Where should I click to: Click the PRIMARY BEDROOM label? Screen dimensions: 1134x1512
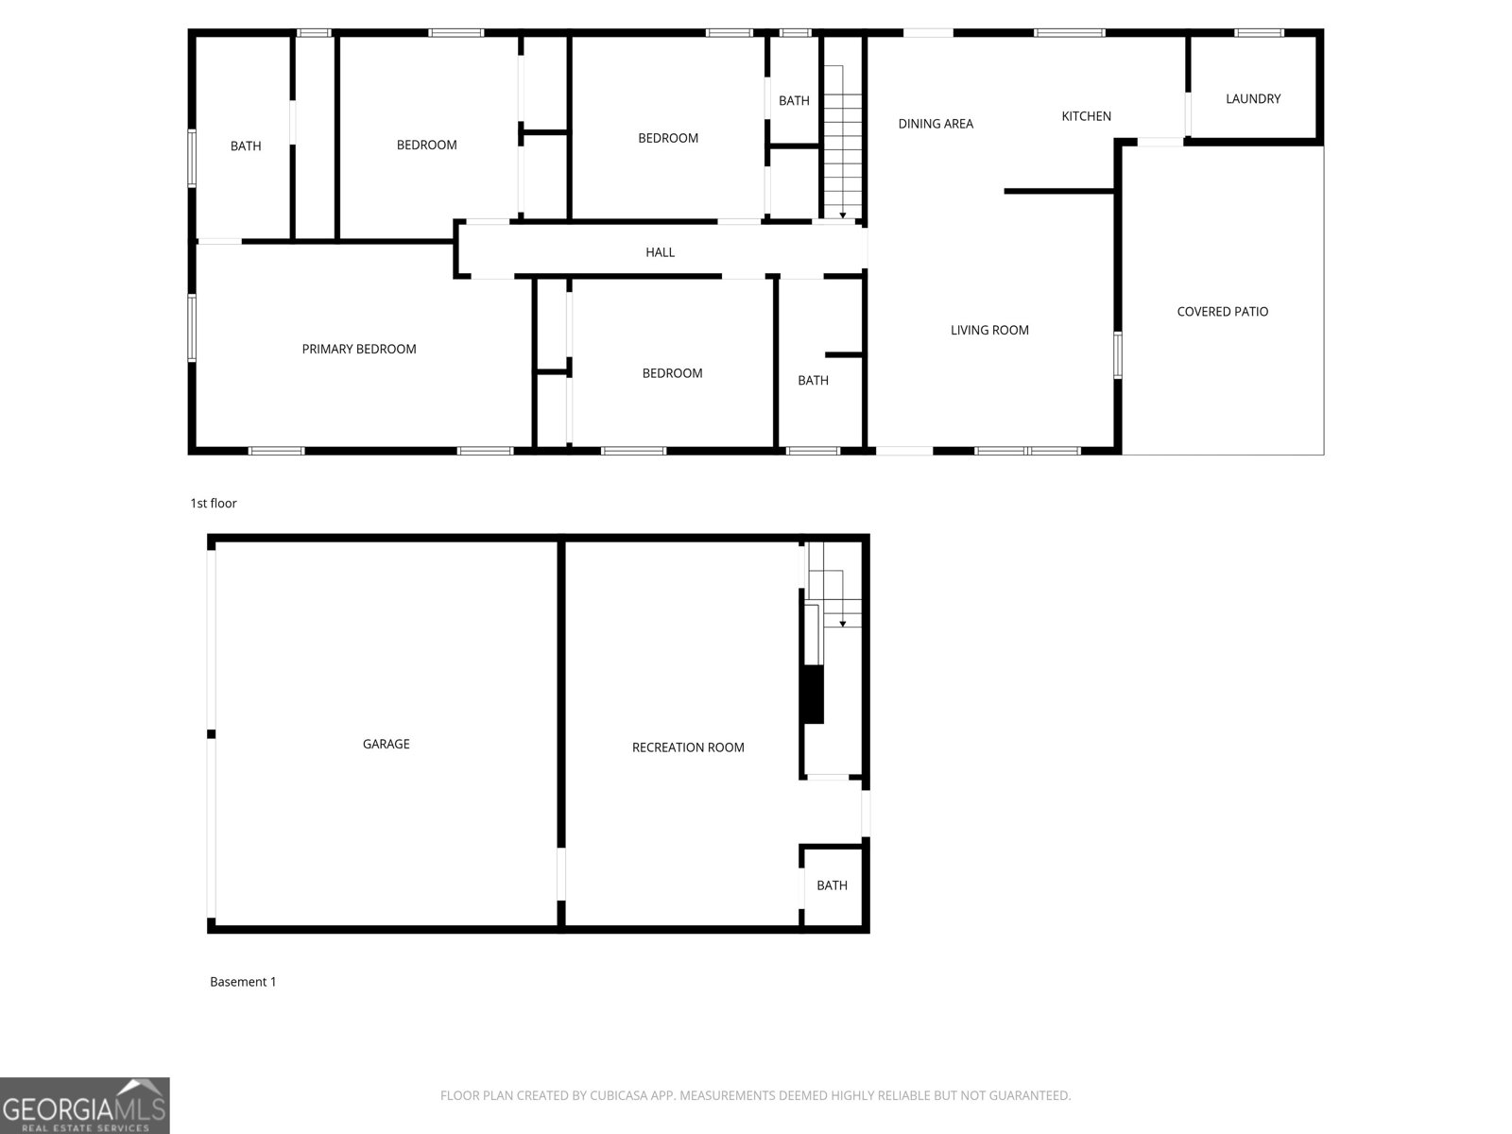click(359, 349)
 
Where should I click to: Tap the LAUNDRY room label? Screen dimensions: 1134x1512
click(1253, 98)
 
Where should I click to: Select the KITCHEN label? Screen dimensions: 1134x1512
click(1086, 116)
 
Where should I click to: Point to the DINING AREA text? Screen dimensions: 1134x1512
click(936, 124)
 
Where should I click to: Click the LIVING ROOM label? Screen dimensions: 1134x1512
click(989, 330)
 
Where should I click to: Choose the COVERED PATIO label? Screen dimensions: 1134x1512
click(1222, 312)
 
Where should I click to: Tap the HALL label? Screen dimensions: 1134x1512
click(660, 252)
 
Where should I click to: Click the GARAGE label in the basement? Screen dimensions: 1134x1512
click(386, 744)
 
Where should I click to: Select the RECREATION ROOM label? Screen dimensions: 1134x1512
click(688, 747)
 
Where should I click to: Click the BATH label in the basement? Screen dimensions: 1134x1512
click(832, 885)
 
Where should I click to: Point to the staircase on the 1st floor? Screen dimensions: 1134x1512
click(842, 142)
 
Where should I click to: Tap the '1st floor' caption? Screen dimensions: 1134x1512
click(214, 504)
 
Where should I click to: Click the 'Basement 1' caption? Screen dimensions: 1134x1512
click(243, 982)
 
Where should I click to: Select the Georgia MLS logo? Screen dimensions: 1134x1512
click(84, 1106)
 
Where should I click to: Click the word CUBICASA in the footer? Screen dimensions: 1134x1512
click(616, 1096)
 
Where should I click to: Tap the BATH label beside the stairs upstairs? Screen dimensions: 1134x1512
click(794, 100)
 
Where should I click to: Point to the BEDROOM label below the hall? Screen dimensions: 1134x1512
click(672, 373)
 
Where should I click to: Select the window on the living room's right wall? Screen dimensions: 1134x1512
click(1117, 355)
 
